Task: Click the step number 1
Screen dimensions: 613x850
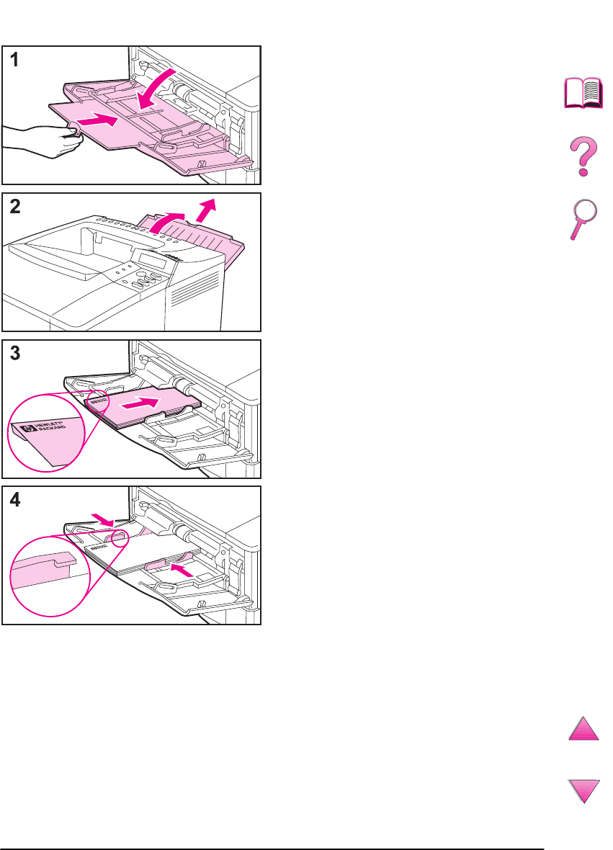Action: pyautogui.click(x=14, y=62)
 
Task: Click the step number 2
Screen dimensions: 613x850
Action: pyautogui.click(x=14, y=208)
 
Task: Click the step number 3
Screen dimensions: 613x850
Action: pyautogui.click(x=14, y=354)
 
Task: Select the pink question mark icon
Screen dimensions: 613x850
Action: pyautogui.click(x=582, y=158)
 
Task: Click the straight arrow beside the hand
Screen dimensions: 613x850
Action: pyautogui.click(x=97, y=120)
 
